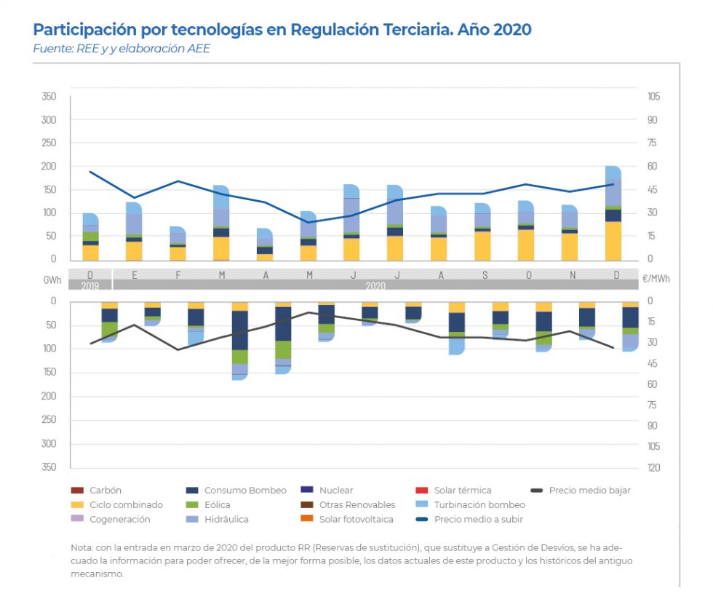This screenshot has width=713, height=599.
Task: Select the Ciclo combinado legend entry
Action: point(126,505)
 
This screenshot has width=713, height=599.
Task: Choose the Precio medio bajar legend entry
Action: point(589,491)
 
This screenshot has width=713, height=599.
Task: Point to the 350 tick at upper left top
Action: point(49,97)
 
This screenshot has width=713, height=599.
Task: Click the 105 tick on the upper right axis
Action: point(653,97)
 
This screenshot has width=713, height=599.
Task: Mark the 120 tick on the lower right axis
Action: point(653,467)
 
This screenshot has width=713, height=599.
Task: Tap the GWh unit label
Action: point(52,279)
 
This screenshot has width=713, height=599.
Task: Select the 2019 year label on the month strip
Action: point(90,285)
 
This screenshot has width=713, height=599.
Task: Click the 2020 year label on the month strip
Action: point(375,285)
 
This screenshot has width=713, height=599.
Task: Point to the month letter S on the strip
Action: point(484,274)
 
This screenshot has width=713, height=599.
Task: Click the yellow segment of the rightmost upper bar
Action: point(613,240)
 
